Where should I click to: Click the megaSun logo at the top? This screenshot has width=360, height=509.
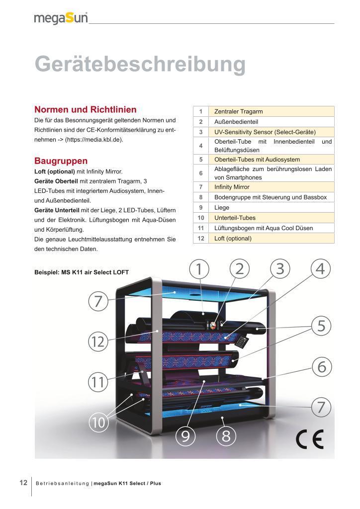[61, 18]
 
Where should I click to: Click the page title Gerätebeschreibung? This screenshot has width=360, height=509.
[140, 65]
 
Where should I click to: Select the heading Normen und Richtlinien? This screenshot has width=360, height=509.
[85, 109]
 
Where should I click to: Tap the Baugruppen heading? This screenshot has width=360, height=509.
[61, 161]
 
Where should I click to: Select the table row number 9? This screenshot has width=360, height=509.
[200, 208]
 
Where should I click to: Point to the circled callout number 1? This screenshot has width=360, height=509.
[198, 269]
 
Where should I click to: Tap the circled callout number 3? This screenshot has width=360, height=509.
[280, 269]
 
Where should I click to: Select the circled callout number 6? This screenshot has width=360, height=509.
[321, 367]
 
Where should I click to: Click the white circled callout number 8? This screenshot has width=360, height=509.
[226, 436]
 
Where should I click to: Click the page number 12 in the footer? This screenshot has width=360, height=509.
[23, 483]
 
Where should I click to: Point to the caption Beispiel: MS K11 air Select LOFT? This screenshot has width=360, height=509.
[81, 272]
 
